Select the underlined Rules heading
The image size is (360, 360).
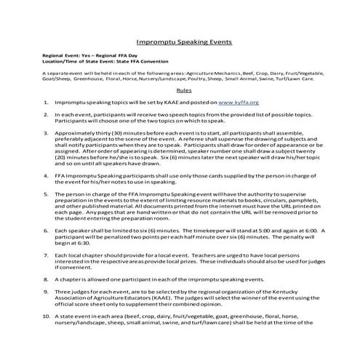click(x=184, y=92)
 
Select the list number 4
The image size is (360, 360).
click(x=46, y=176)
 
